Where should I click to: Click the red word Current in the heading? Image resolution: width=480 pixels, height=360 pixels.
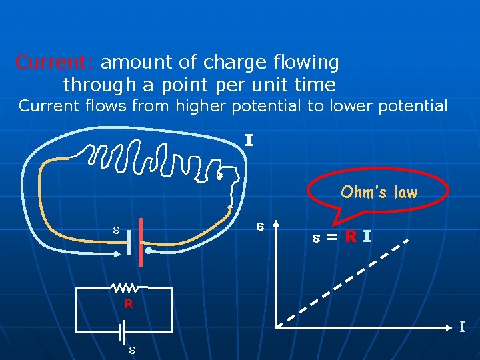coord(55,63)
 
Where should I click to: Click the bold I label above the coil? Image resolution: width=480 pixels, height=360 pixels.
coord(249,141)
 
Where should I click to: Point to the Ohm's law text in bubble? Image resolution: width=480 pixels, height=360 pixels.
coord(379,193)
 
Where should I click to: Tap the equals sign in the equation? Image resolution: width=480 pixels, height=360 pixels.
coord(331,237)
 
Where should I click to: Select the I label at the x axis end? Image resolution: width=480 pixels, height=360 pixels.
coord(462,327)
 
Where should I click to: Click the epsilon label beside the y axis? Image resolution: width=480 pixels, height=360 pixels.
coord(261,227)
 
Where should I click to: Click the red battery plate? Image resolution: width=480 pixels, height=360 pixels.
coord(141,241)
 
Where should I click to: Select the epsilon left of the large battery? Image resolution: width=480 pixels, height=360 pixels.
coord(115,231)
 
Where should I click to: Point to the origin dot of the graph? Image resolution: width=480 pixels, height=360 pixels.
coord(278,326)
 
